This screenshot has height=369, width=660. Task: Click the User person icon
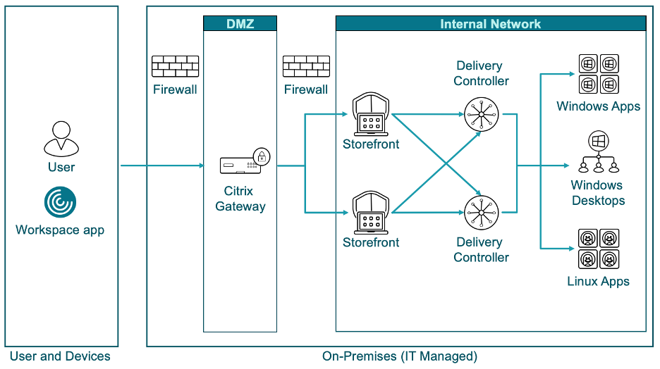tap(61, 138)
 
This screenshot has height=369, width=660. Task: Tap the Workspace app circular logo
tap(61, 202)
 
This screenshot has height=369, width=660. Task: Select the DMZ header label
tap(240, 24)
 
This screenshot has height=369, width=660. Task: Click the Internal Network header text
tap(490, 24)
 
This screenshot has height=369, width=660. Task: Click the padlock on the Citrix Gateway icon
tap(262, 156)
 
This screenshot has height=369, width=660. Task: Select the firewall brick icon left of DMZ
tap(175, 67)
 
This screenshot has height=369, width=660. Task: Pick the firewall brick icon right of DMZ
tap(306, 67)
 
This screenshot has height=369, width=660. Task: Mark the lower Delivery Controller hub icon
tap(482, 212)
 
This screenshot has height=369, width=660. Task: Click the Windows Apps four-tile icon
tap(598, 75)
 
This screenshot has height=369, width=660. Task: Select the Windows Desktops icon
tap(598, 152)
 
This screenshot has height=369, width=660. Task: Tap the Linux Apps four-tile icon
tap(598, 249)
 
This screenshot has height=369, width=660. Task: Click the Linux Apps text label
tap(598, 281)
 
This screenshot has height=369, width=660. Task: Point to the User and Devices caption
tap(60, 356)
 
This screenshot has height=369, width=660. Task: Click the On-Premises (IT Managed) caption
tap(400, 356)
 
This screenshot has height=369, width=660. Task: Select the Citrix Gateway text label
tap(240, 199)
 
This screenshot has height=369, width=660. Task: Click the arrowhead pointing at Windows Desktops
tap(565, 165)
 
